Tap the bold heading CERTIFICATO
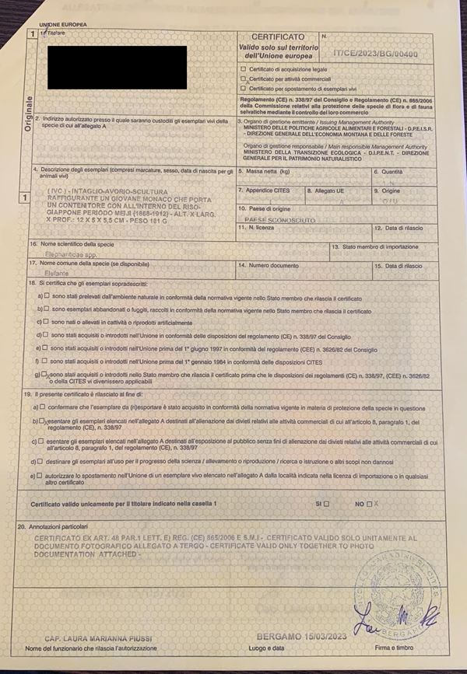tap(279, 37)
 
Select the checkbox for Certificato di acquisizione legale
tap(244, 69)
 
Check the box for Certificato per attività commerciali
tap(244, 79)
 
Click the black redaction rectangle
tap(118, 68)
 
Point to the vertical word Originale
tap(29, 117)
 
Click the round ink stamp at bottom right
tap(391, 591)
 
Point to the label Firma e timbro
tap(392, 647)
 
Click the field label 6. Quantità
tap(388, 171)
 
